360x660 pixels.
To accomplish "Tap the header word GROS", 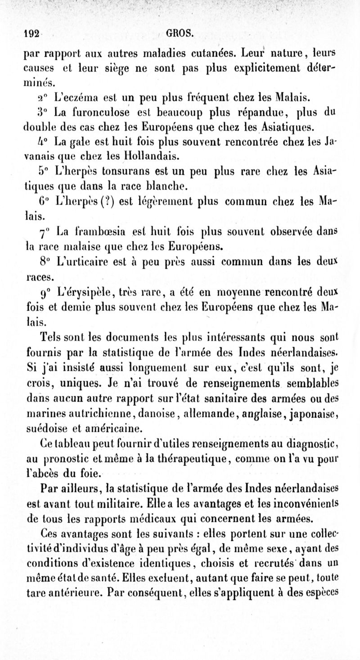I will pos(180,32).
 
